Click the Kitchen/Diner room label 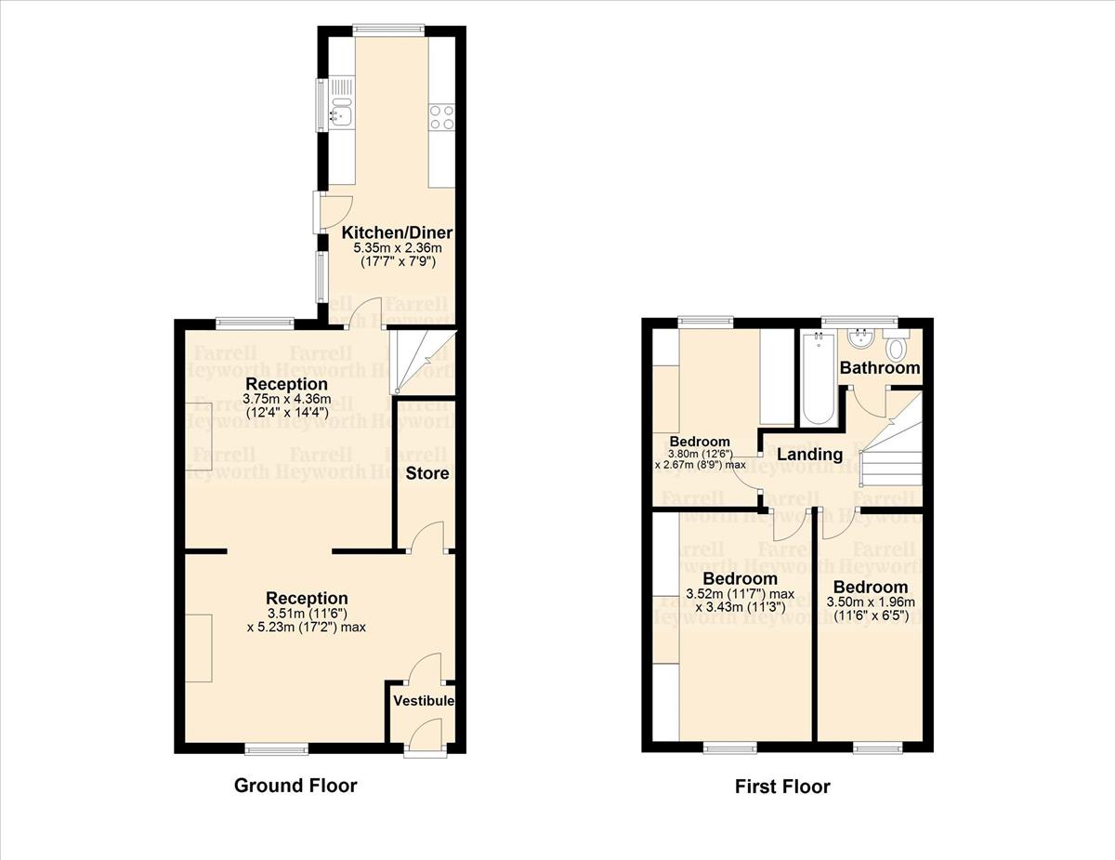coord(397,232)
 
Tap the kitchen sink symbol coord(340,113)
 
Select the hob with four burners coord(441,116)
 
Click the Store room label coord(427,473)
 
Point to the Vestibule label coord(423,700)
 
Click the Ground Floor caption coord(295,786)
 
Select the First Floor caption coord(782,787)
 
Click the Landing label coord(809,455)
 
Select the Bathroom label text coord(880,368)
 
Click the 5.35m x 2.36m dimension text coord(397,248)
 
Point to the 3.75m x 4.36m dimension coord(285,399)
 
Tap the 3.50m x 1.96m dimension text coord(871,602)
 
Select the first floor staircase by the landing coord(892,442)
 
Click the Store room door coord(428,538)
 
